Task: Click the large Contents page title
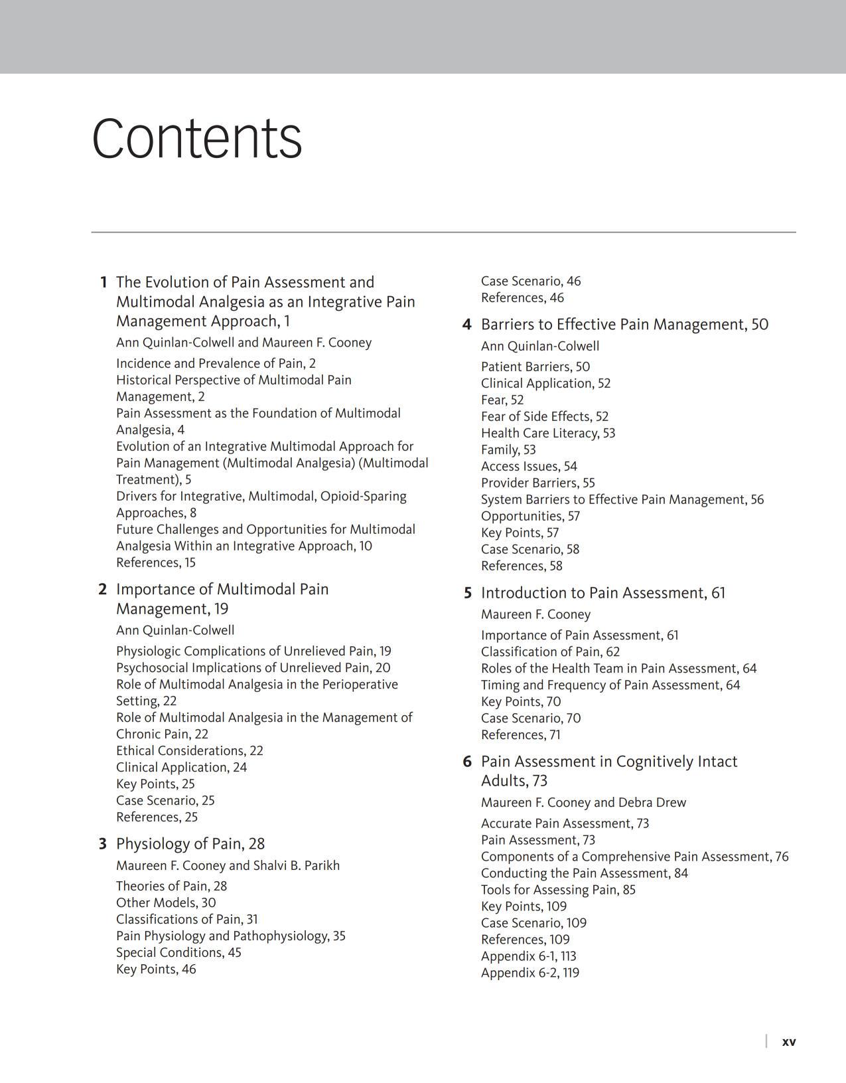tap(197, 138)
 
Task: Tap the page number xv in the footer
tap(788, 1041)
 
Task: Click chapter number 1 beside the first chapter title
tap(104, 282)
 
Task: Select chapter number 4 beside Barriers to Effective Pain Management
tap(467, 325)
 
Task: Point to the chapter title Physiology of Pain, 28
tap(190, 844)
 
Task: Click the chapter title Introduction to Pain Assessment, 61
tap(602, 593)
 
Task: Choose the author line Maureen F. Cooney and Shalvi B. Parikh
tap(228, 865)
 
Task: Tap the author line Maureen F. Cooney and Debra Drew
tap(583, 802)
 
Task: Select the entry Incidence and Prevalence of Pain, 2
tap(216, 363)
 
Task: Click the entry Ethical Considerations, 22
tap(190, 750)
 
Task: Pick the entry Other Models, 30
tap(166, 902)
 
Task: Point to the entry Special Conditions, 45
tap(178, 952)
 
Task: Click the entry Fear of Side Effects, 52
tap(544, 416)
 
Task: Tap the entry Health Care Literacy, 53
tap(548, 433)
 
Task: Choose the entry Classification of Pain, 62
tap(550, 651)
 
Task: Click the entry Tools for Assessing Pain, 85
tap(558, 890)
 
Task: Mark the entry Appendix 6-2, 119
tap(529, 973)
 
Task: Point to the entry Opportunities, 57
tap(530, 516)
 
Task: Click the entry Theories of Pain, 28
tap(171, 886)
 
